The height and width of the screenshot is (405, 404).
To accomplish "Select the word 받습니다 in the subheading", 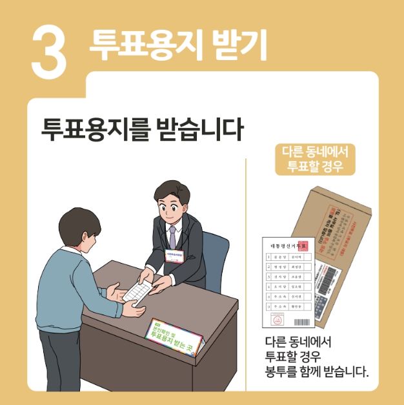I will [x=200, y=129].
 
